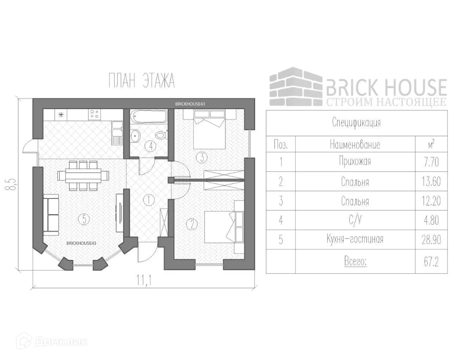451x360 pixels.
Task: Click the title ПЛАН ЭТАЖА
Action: (x=142, y=81)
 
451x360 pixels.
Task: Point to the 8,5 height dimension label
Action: (x=13, y=183)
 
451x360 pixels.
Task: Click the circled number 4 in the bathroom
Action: (x=150, y=146)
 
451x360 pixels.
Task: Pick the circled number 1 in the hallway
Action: (x=149, y=199)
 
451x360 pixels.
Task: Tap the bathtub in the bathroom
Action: (x=148, y=116)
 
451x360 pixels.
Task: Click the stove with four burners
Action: (x=94, y=114)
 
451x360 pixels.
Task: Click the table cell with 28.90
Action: (x=431, y=240)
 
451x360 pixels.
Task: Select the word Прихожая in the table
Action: (x=355, y=162)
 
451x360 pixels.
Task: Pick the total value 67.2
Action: (x=431, y=262)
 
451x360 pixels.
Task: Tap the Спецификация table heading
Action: (x=357, y=122)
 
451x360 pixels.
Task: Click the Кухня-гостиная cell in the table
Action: (x=355, y=240)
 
